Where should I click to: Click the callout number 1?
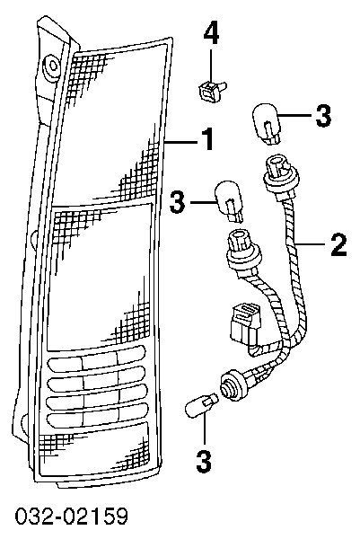point(207,138)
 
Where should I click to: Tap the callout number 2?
point(338,243)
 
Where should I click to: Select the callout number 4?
point(211,32)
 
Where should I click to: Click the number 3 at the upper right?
point(323,115)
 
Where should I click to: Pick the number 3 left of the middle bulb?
point(177,201)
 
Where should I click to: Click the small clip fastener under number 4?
point(212,90)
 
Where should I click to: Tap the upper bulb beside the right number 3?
point(267,126)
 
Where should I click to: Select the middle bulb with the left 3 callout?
point(229,201)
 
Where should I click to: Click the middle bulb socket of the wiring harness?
point(243,252)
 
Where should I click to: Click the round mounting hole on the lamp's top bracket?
point(53,65)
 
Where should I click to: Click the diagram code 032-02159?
point(72,516)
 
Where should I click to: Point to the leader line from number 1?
point(181,141)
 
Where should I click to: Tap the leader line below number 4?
point(211,66)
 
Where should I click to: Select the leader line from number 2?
point(311,244)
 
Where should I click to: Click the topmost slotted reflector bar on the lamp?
point(97,358)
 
